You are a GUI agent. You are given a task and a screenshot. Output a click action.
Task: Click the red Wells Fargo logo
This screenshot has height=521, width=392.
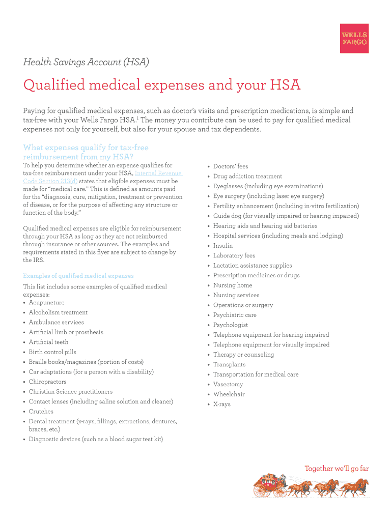354,38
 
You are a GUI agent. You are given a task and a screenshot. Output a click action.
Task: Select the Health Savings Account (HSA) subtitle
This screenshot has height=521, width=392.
86,62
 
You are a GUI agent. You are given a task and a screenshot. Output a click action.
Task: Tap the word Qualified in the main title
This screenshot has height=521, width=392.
54,85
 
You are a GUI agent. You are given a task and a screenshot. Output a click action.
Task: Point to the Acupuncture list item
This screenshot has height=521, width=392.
46,303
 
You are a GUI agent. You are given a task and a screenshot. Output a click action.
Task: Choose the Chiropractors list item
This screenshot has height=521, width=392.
47,382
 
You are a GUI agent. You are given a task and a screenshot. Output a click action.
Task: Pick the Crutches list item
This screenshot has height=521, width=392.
41,412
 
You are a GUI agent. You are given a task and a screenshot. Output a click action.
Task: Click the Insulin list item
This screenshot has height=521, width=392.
223,246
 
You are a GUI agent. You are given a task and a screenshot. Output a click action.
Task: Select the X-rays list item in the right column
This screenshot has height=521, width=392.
222,404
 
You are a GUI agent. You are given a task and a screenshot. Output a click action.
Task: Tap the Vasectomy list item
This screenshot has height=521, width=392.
228,385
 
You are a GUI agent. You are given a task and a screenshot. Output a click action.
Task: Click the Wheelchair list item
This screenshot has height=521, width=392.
229,394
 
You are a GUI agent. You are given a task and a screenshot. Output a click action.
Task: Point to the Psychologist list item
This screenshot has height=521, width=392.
231,325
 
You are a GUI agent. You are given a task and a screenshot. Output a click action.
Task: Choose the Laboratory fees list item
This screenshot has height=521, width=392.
234,256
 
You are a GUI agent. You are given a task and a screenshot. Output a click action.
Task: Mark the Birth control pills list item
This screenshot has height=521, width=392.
52,352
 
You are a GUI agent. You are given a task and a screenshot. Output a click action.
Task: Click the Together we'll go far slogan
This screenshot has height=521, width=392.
337,469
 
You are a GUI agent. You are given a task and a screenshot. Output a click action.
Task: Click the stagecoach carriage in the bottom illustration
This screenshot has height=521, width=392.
269,486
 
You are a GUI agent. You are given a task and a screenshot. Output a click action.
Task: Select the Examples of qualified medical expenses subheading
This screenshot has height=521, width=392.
78,276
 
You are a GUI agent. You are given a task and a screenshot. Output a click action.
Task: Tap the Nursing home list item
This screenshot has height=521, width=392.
233,285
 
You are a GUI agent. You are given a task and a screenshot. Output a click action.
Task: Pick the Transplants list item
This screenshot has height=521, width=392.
229,365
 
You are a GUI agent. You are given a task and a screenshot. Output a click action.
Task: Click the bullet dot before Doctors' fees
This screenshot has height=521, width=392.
209,166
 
